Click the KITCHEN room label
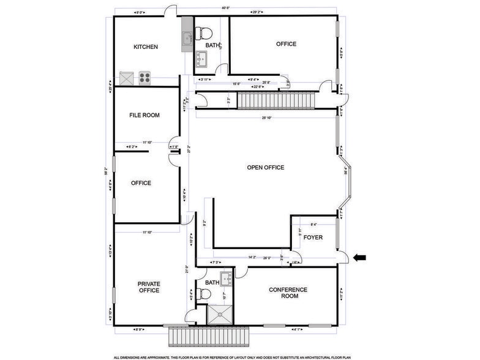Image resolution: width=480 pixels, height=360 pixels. [146, 47]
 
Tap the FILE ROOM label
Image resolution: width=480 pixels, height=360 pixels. [144, 114]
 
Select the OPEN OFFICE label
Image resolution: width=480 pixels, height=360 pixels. [265, 168]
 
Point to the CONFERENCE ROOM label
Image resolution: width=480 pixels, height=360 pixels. [288, 293]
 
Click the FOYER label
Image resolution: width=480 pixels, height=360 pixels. [313, 237]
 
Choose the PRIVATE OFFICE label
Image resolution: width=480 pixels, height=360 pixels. [148, 287]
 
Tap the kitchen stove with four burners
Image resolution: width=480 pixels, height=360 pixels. [145, 77]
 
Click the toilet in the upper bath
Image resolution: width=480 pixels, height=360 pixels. [203, 31]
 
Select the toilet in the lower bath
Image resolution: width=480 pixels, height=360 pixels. [204, 294]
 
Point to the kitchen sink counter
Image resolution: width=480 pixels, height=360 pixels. [187, 39]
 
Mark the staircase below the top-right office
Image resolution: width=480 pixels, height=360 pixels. [276, 100]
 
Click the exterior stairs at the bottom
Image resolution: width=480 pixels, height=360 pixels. [211, 336]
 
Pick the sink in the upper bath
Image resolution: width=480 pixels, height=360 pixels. [203, 59]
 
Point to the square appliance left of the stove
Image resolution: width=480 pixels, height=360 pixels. [127, 78]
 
